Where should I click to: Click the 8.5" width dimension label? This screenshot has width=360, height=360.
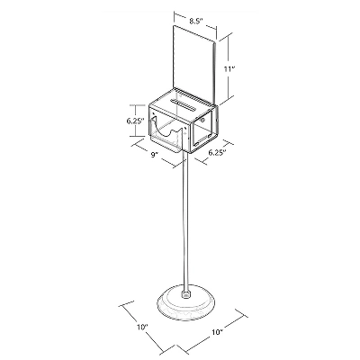(196, 21)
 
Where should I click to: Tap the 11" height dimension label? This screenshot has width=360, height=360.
(229, 69)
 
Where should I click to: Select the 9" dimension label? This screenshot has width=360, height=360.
(155, 155)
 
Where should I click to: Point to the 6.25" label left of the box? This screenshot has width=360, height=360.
(136, 121)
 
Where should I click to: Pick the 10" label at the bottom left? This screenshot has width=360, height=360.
(142, 327)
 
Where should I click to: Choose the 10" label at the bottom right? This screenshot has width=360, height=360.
(217, 332)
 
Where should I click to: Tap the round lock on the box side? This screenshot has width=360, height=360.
(202, 121)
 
